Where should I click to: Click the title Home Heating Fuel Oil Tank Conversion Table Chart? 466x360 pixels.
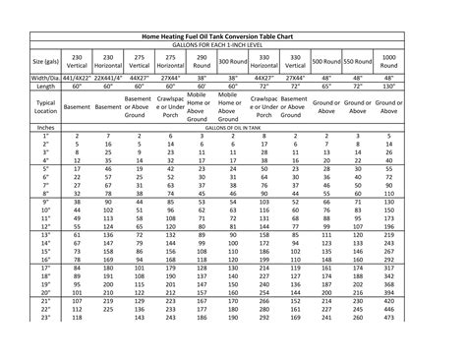pyautogui.click(x=233, y=33)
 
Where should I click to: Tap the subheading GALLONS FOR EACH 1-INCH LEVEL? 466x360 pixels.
pyautogui.click(x=233, y=44)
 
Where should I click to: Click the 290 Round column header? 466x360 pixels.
pyautogui.click(x=202, y=59)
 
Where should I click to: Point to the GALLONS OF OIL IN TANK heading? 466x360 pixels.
pyautogui.click(x=233, y=127)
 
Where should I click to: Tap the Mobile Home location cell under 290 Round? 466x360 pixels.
pyautogui.click(x=202, y=106)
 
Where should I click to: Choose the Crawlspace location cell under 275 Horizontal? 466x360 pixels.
pyautogui.click(x=170, y=106)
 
